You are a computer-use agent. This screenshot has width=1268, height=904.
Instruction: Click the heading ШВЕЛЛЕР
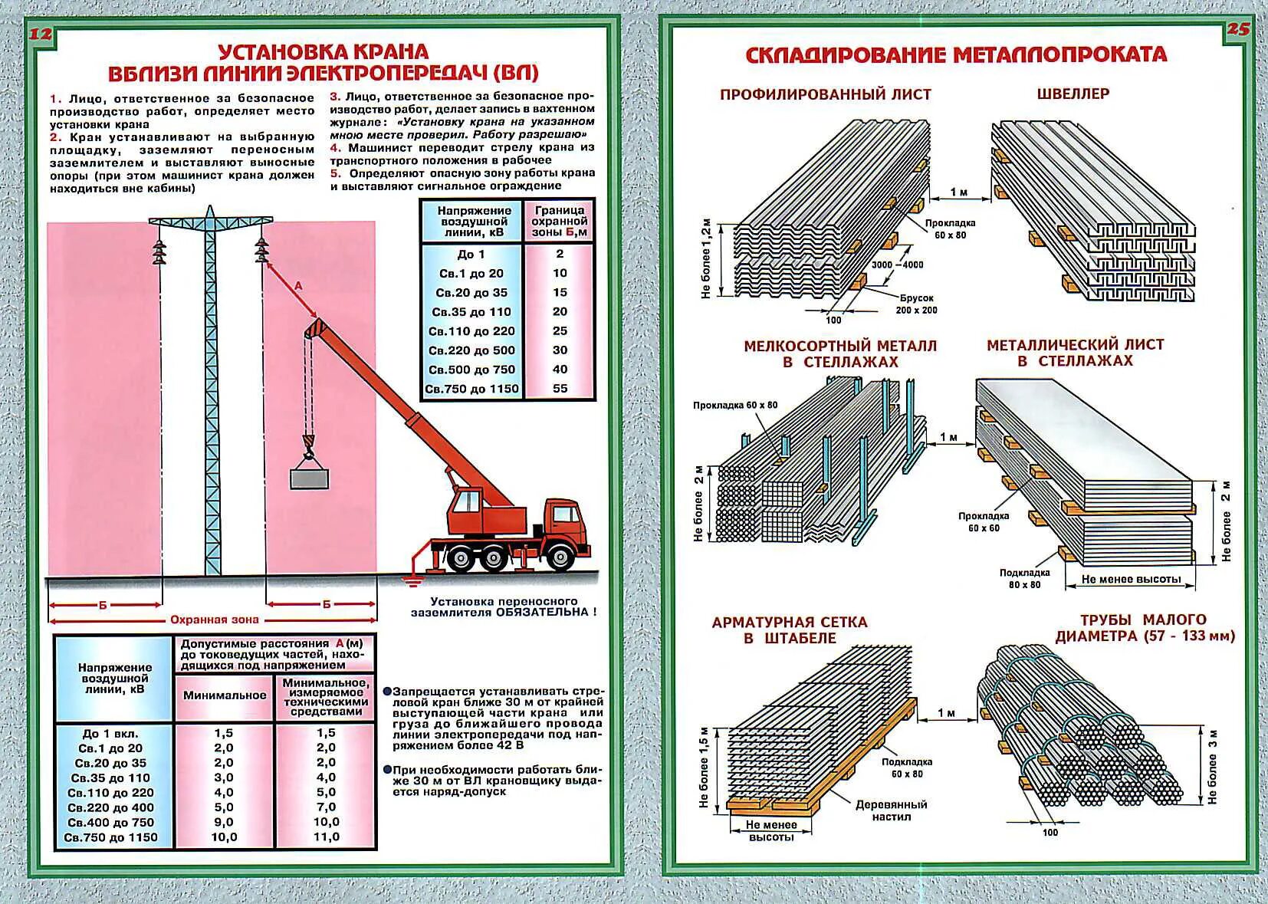point(1073,94)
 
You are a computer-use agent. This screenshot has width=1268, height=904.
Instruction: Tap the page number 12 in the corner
point(40,35)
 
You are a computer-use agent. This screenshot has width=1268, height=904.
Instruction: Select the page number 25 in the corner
point(1238,30)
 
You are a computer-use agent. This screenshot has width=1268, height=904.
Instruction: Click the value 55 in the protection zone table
point(560,389)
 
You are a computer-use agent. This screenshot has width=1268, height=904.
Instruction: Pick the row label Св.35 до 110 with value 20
point(471,312)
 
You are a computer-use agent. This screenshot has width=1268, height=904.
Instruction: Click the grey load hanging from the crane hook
point(309,478)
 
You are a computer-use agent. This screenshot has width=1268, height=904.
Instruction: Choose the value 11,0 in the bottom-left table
point(326,837)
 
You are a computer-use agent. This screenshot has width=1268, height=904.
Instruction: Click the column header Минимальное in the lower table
point(225,695)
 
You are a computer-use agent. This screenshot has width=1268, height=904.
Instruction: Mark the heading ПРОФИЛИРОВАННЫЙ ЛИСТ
point(825,94)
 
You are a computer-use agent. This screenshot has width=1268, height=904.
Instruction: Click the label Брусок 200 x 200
point(916,304)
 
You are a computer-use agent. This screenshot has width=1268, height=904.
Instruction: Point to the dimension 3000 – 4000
point(897,265)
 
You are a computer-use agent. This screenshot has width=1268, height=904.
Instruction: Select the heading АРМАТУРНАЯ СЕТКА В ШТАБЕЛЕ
point(790,630)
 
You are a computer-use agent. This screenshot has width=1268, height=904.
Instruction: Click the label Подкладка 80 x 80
point(1024,578)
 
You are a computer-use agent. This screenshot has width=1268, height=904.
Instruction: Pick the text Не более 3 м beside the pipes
point(1212,767)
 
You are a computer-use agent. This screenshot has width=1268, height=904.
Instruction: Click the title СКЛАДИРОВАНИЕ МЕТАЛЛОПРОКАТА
point(955,55)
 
